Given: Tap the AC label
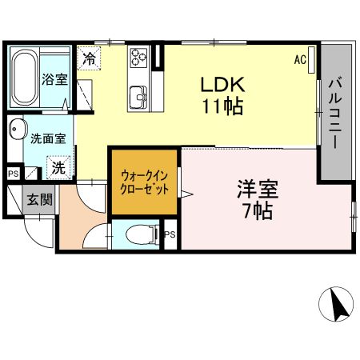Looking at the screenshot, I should click(300, 59).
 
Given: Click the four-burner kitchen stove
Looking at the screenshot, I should click(140, 58).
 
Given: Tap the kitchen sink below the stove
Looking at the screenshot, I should click(139, 92).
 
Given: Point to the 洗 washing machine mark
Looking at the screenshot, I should click(58, 167).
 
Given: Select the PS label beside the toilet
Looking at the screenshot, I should click(170, 234).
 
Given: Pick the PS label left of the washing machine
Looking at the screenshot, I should click(12, 172).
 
